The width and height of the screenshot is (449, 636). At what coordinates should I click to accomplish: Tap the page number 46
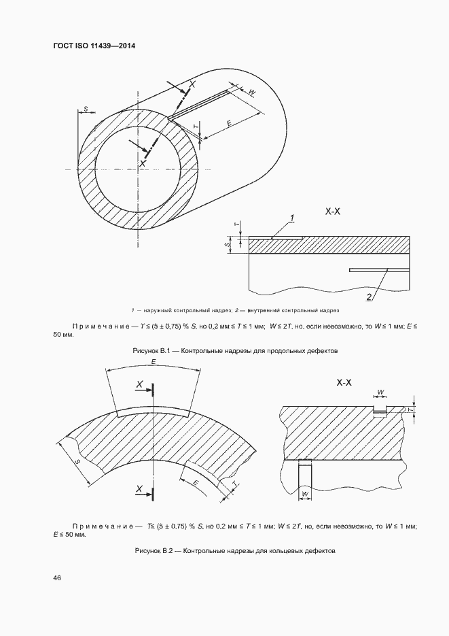click(56, 578)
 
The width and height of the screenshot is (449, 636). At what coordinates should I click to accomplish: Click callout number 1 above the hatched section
click(292, 218)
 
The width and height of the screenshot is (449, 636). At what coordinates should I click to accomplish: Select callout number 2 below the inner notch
click(369, 297)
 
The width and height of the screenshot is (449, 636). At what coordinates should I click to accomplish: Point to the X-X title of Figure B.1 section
click(333, 212)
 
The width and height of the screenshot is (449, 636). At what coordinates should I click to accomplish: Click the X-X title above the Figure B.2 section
click(344, 383)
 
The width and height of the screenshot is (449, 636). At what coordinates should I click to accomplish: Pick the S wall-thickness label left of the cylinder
click(86, 108)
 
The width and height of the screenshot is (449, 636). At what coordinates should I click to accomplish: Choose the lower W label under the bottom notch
click(305, 493)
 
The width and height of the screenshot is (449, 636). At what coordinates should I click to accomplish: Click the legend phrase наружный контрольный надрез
click(177, 310)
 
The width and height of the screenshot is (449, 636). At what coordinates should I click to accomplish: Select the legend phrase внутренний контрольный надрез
click(298, 310)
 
